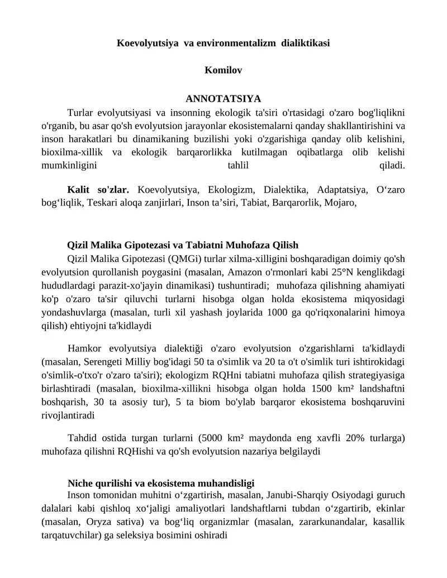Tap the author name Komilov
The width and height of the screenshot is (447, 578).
[x=223, y=70]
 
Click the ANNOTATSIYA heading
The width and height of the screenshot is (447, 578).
[x=223, y=99]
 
